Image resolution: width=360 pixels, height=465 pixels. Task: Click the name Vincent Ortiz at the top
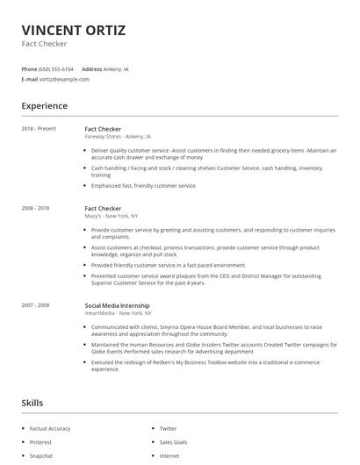pyautogui.click(x=73, y=31)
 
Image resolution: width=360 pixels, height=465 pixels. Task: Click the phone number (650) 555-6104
pyautogui.click(x=56, y=68)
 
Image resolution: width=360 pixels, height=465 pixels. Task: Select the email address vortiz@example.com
pyautogui.click(x=64, y=79)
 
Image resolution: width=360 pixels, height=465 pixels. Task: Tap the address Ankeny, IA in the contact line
pyautogui.click(x=116, y=68)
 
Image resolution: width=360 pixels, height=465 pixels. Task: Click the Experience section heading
pyautogui.click(x=44, y=106)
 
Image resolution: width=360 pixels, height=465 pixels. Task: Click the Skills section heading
pyautogui.click(x=32, y=403)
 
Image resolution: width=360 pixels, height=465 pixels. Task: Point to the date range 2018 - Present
pyautogui.click(x=39, y=129)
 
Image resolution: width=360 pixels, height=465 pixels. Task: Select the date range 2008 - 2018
pyautogui.click(x=35, y=208)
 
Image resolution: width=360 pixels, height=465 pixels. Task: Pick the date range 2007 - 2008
pyautogui.click(x=35, y=304)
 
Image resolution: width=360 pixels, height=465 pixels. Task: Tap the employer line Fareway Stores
pyautogui.click(x=118, y=137)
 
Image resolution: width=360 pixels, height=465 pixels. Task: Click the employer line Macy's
pyautogui.click(x=111, y=216)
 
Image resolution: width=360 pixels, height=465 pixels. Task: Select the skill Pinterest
pyautogui.click(x=41, y=442)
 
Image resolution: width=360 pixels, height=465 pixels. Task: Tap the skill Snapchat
pyautogui.click(x=41, y=456)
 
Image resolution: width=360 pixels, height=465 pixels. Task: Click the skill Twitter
pyautogui.click(x=168, y=429)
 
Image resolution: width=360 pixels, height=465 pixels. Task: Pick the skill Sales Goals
pyautogui.click(x=173, y=442)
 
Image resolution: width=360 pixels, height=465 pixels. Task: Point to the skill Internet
pyautogui.click(x=169, y=456)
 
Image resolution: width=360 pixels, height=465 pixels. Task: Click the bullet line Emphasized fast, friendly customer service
pyautogui.click(x=144, y=186)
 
